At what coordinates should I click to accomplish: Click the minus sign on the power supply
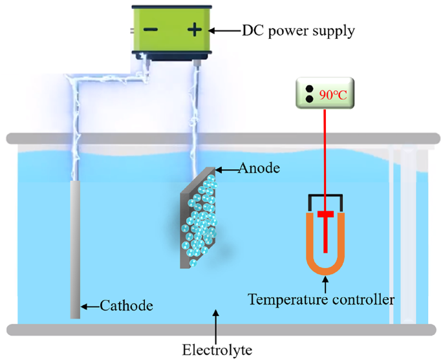click(151, 30)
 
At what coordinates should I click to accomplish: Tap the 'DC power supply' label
click(297, 30)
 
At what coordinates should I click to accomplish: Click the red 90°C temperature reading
click(333, 94)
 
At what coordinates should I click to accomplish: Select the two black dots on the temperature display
click(308, 94)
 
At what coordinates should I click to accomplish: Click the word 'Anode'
click(259, 169)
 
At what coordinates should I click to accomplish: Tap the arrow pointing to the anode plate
click(226, 169)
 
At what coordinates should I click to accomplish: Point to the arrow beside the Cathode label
click(90, 305)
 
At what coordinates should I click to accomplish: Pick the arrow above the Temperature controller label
click(325, 283)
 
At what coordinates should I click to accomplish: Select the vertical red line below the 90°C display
click(325, 149)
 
